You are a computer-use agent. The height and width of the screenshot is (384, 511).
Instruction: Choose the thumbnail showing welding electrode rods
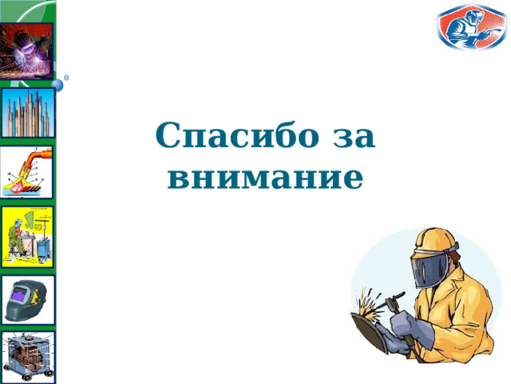(27, 113)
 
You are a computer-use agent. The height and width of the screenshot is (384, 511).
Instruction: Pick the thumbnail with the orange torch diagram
(27, 171)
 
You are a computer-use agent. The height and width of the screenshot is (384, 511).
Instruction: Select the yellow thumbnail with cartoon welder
(27, 237)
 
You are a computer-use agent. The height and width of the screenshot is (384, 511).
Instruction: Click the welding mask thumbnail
(27, 299)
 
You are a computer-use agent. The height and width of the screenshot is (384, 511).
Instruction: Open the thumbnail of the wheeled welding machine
(27, 355)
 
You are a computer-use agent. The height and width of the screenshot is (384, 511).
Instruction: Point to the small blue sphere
(57, 84)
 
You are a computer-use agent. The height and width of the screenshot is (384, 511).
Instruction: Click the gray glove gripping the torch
(406, 328)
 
